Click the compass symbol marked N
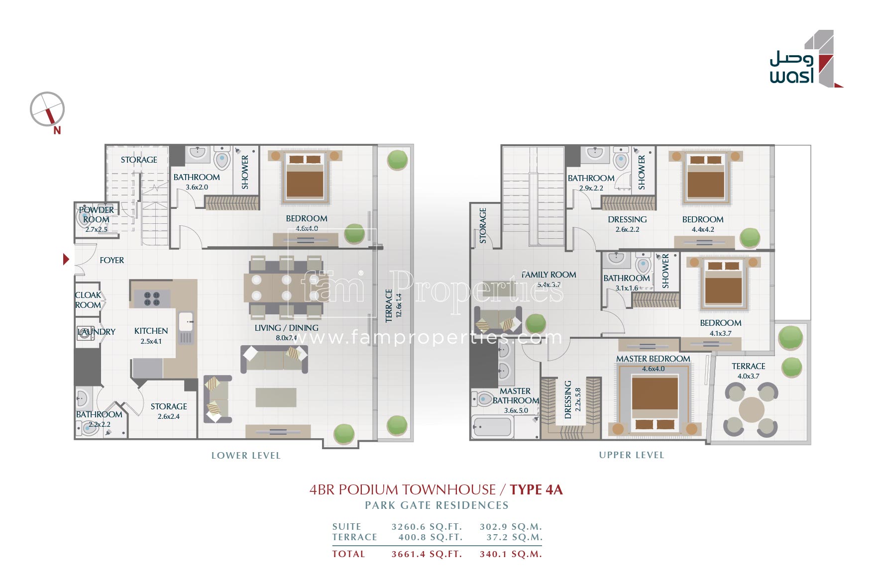click(48, 110)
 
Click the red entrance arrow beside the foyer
click(66, 259)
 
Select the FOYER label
click(111, 260)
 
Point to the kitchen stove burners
click(152, 299)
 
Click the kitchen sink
click(186, 321)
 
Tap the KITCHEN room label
click(151, 331)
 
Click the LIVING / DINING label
click(286, 328)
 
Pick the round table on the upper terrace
click(751, 409)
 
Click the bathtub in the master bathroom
click(492, 427)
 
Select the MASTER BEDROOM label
click(653, 359)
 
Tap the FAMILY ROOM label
click(548, 275)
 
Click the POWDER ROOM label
click(96, 214)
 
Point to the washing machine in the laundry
click(85, 333)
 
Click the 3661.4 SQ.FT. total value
click(427, 554)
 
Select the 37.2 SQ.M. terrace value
click(514, 537)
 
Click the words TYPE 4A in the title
click(536, 490)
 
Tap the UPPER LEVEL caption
click(631, 455)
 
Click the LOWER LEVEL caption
click(246, 456)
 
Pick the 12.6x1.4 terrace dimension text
click(398, 305)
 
